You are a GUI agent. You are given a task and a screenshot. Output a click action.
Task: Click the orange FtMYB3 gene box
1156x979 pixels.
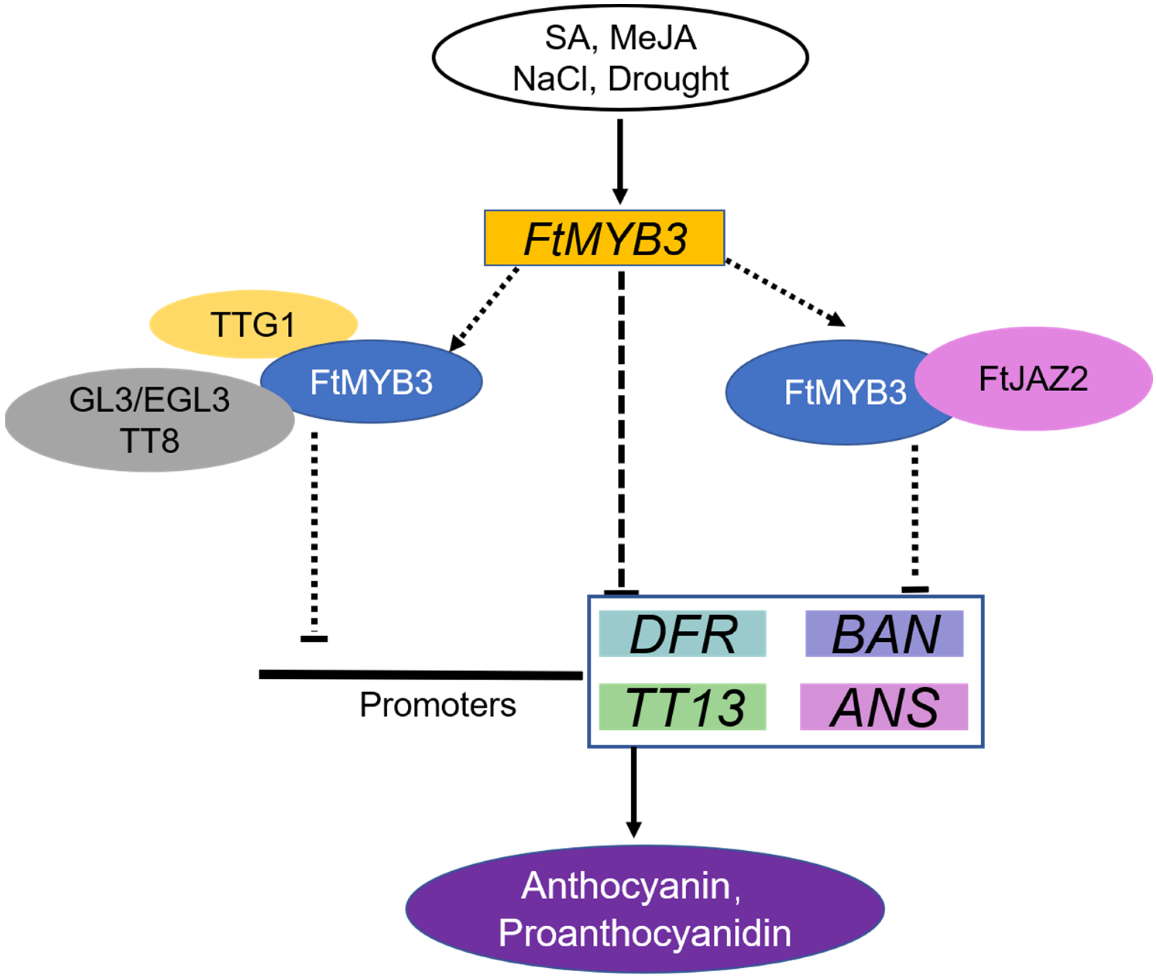coord(604,237)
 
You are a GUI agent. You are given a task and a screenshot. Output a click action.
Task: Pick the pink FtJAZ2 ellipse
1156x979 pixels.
coord(1033,379)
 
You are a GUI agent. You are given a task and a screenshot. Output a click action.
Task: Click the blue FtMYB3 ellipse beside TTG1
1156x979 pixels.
coord(371,382)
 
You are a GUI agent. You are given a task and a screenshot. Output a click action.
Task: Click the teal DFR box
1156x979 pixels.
coord(682,634)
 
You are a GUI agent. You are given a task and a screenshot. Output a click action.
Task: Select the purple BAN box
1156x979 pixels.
coord(884,634)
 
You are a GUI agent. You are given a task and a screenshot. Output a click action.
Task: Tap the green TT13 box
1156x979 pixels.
coord(682,707)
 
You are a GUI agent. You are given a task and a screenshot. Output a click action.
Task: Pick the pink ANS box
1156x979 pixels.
coord(884,707)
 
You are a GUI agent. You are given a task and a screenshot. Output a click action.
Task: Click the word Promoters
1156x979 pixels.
coord(438,705)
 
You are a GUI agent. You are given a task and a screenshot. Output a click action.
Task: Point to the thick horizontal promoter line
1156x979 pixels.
coord(421,675)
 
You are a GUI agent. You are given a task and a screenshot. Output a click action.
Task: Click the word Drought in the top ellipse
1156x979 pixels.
coord(668,79)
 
